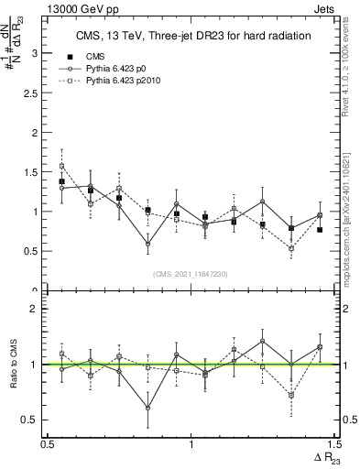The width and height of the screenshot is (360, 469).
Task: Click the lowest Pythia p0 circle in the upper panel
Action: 147,244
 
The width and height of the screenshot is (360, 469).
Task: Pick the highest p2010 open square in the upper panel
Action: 61,167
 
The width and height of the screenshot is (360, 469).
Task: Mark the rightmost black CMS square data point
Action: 320,230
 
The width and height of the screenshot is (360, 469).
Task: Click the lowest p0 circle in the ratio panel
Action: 147,409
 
